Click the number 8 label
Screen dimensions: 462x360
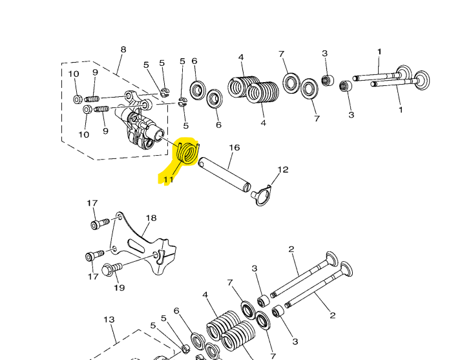123,50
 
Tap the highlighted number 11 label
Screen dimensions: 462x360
168,180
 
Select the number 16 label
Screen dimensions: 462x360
235,147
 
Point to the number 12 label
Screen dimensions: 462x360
283,170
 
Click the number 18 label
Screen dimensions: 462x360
151,218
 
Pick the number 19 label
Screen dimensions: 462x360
120,288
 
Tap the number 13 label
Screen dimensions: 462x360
109,320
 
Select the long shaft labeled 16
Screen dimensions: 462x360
224,175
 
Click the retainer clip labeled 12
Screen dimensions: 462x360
261,195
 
